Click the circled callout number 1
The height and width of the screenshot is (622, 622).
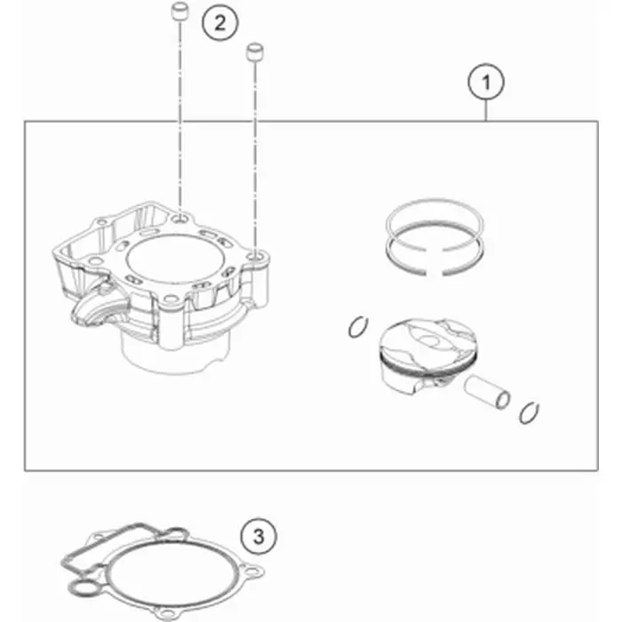tap(486, 82)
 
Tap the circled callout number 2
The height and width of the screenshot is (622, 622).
tap(220, 22)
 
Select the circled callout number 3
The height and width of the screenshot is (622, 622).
tap(259, 537)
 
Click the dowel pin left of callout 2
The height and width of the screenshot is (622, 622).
tap(179, 11)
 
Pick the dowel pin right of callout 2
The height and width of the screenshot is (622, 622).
tap(256, 52)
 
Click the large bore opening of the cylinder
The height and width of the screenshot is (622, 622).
tap(175, 259)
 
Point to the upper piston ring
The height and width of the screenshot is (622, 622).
tap(435, 215)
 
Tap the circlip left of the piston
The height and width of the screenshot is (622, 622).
tap(358, 327)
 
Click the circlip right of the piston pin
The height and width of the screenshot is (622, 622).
tap(529, 413)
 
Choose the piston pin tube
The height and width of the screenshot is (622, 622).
tap(487, 392)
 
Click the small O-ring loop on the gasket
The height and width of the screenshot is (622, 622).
tap(83, 588)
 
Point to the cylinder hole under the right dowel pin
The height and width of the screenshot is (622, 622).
tap(254, 258)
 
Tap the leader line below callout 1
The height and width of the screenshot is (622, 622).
tap(486, 111)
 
